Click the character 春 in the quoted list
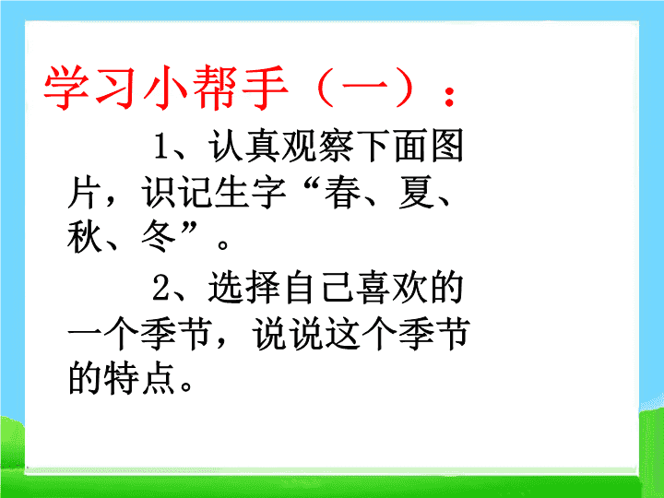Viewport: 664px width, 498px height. (x=342, y=193)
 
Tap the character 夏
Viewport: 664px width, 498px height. (x=417, y=193)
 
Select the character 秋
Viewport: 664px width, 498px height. (x=85, y=237)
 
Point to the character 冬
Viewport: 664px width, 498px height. (x=159, y=237)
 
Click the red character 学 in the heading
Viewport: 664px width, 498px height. (x=66, y=88)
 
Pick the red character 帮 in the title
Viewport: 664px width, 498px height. (x=215, y=88)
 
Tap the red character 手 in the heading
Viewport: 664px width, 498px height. (x=265, y=88)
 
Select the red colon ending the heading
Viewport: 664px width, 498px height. (x=450, y=96)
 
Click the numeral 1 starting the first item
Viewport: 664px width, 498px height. (x=160, y=146)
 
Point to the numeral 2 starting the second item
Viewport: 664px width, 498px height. (x=160, y=287)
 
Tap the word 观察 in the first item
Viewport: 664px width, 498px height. (x=317, y=146)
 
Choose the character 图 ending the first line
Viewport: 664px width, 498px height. (x=447, y=146)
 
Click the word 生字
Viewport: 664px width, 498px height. (x=251, y=193)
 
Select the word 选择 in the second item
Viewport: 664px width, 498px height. (x=243, y=287)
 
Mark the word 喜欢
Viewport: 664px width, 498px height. (x=392, y=287)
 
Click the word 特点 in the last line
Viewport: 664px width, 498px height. (x=140, y=378)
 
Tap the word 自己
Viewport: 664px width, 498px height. (x=317, y=287)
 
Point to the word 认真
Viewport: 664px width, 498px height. (x=243, y=146)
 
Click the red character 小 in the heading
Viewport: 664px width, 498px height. (x=165, y=88)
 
